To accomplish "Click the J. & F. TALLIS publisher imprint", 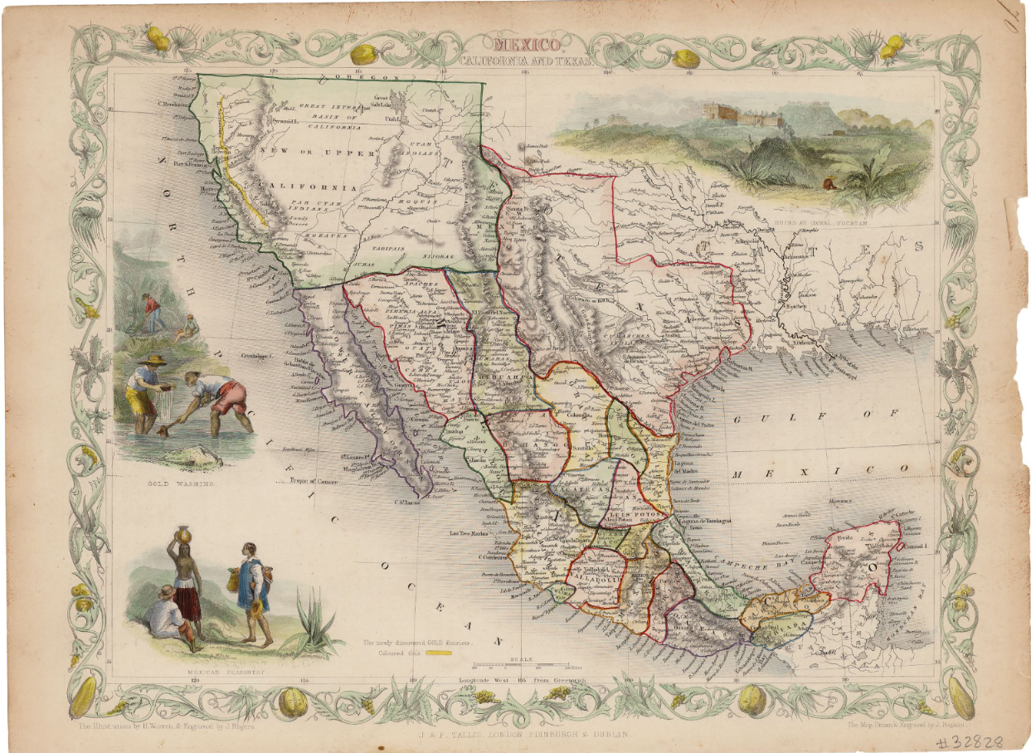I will pos(514,734).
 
